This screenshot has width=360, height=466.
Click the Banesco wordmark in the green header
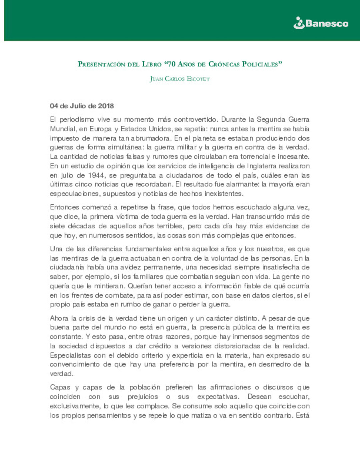coord(327,24)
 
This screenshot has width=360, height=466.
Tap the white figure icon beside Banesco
coord(299,23)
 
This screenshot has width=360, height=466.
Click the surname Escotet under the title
coord(198,79)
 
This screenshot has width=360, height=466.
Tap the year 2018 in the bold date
coord(106,106)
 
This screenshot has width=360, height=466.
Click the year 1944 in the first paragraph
coord(96,175)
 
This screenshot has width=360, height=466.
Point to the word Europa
coord(100,129)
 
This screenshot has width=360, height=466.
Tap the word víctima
coord(129,217)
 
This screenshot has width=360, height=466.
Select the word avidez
coord(130,267)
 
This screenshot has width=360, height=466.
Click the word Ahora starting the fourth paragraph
coord(59,318)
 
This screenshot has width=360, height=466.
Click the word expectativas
coord(218,397)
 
